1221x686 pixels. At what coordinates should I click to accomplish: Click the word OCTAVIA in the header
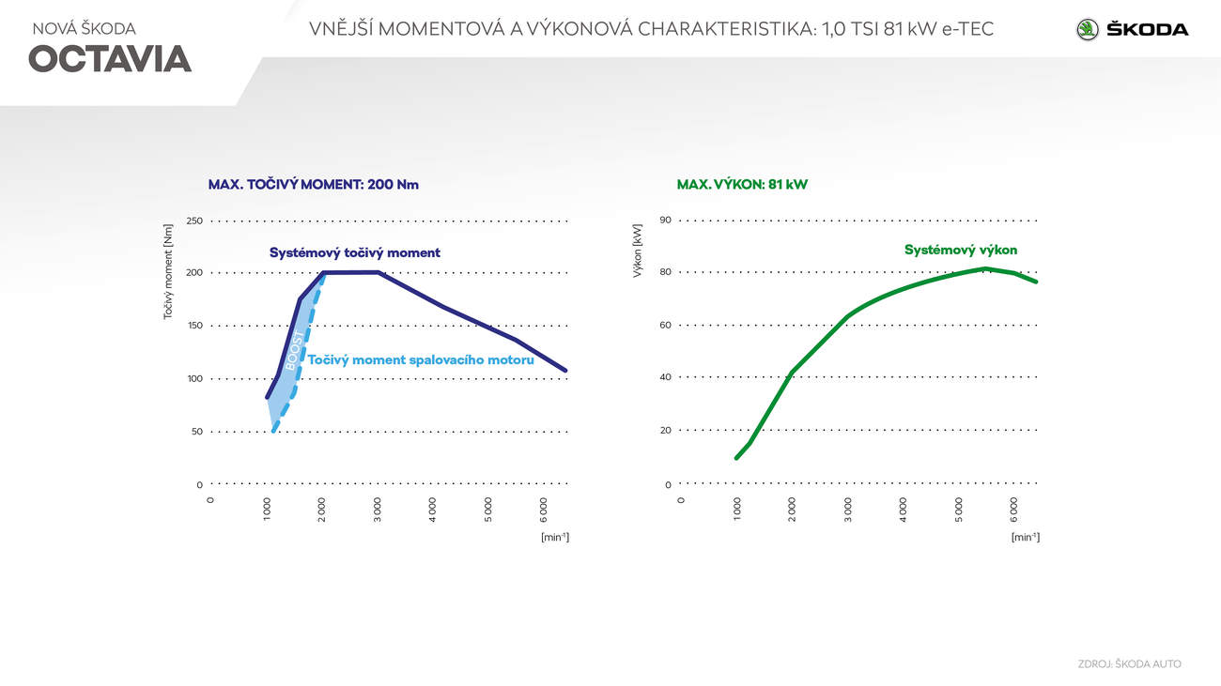[x=110, y=59]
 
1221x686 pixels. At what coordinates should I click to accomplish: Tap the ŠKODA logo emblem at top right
[x=1088, y=29]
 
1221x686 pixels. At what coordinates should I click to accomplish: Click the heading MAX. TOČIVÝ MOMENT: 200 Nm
[x=314, y=185]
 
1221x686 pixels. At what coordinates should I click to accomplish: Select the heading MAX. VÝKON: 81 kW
[x=742, y=185]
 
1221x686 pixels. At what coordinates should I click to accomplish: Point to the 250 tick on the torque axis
[x=194, y=221]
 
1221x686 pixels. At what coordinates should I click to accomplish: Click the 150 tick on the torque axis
[x=194, y=326]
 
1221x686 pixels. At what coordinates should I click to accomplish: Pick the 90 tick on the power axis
[x=665, y=221]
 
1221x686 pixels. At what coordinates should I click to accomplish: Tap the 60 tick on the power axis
[x=665, y=325]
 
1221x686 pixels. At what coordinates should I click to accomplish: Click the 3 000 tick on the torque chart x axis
[x=378, y=510]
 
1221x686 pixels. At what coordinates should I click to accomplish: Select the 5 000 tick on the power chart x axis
[x=959, y=510]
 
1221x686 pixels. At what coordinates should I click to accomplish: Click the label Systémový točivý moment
[x=355, y=252]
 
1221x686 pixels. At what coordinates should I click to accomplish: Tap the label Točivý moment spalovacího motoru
[x=421, y=359]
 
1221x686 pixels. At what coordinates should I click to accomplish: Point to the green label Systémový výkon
[x=961, y=250]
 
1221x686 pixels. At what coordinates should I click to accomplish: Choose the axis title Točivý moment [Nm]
[x=168, y=271]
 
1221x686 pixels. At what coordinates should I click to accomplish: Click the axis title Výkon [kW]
[x=638, y=251]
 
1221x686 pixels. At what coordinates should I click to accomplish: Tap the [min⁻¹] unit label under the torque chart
[x=555, y=537]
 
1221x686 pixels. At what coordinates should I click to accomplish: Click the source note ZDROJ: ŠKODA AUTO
[x=1129, y=663]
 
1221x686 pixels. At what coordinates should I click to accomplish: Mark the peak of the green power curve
[x=984, y=268]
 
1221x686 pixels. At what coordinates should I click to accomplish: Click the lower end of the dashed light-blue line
[x=273, y=431]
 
